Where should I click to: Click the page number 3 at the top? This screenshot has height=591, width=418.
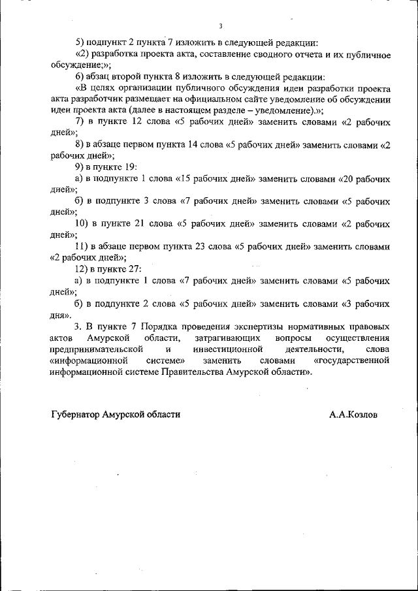[x=221, y=26]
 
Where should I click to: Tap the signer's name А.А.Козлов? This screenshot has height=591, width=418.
[x=353, y=414]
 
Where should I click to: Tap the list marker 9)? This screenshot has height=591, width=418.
[x=80, y=167]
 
